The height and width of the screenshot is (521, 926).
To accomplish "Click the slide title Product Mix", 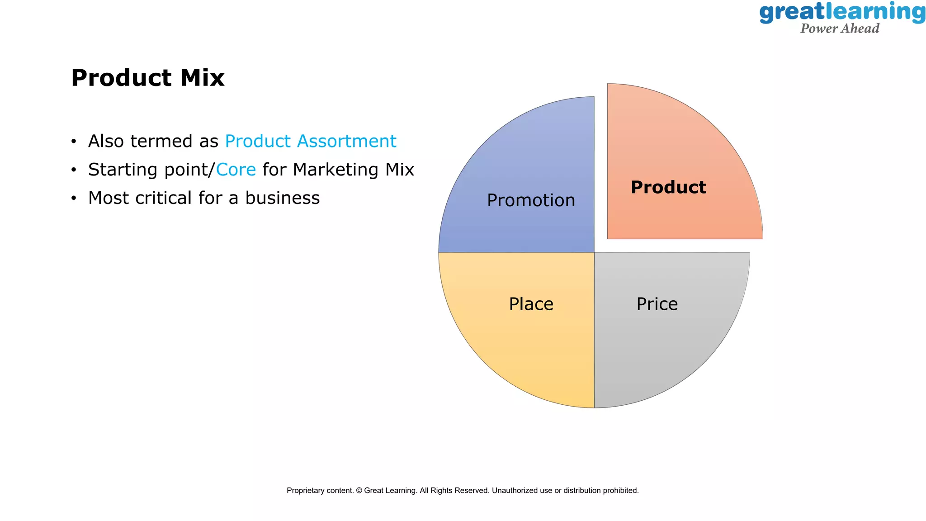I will [x=147, y=78].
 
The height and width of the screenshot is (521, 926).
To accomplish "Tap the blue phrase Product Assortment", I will [x=310, y=141].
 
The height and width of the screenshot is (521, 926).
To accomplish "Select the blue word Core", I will [x=236, y=170].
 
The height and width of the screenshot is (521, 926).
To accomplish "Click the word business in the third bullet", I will [x=282, y=198].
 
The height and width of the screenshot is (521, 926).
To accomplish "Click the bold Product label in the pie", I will [x=668, y=187].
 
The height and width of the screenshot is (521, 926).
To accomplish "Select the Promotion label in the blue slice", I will [x=531, y=200].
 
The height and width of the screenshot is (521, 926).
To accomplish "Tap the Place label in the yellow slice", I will [x=531, y=304].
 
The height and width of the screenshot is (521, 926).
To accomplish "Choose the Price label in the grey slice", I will [x=657, y=304].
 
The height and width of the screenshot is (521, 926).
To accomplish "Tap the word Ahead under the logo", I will [x=861, y=28].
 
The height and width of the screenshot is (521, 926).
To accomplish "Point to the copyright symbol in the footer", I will [x=359, y=490].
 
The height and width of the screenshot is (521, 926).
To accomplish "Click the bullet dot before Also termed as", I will [x=74, y=142].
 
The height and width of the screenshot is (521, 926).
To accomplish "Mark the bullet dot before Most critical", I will [x=74, y=199].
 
